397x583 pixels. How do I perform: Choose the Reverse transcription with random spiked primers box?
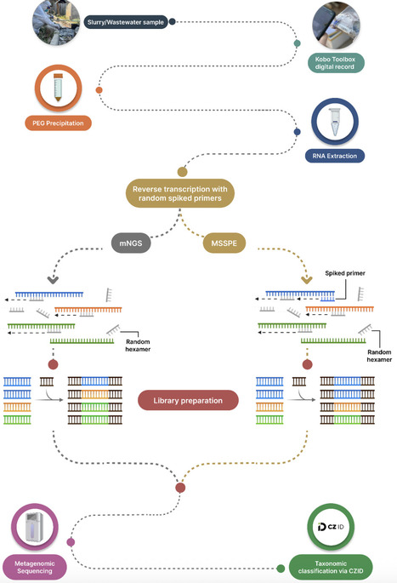(x=181, y=193)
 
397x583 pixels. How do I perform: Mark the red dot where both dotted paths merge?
(x=179, y=488)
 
